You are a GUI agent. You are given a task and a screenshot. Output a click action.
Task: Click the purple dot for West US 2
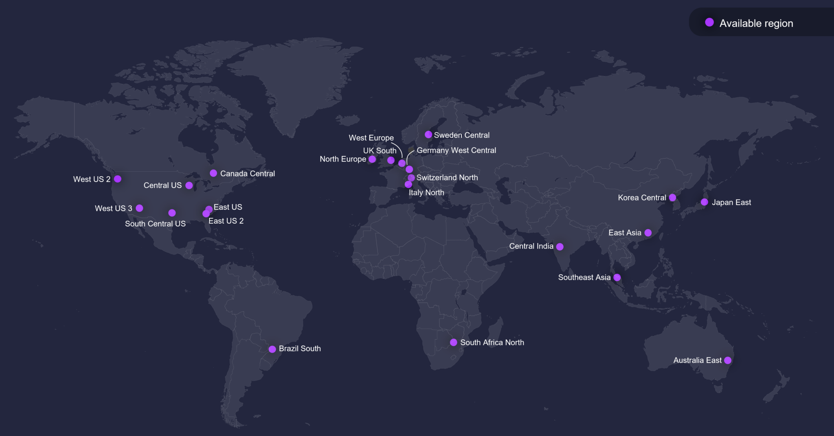(x=118, y=179)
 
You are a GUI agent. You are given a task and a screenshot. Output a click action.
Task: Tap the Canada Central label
(x=247, y=174)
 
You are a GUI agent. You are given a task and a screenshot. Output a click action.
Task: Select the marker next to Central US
(x=189, y=185)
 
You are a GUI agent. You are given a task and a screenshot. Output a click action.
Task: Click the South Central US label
(x=155, y=224)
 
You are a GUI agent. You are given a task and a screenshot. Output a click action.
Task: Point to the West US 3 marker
(x=139, y=208)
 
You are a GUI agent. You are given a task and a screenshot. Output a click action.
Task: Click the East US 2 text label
(x=226, y=221)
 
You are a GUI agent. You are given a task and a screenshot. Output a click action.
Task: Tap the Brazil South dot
(x=272, y=349)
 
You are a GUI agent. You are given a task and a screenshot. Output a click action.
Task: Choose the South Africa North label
(x=492, y=342)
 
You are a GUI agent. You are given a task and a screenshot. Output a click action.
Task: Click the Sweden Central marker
(x=428, y=135)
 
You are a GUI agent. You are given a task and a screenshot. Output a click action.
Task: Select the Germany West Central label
(x=456, y=150)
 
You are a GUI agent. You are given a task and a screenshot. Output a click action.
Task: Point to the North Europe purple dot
(x=372, y=159)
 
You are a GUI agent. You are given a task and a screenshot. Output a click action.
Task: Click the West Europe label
(x=371, y=138)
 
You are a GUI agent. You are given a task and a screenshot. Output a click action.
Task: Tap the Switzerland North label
(x=447, y=178)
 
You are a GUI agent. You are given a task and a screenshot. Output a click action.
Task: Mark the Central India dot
(x=560, y=246)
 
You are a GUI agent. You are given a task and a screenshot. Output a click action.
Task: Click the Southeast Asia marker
(x=617, y=277)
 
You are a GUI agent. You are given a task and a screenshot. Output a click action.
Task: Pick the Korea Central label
(x=642, y=198)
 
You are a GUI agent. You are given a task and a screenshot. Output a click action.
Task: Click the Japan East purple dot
(x=705, y=202)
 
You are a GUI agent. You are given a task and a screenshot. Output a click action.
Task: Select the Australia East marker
(x=728, y=360)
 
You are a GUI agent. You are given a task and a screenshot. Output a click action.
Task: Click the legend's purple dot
(x=709, y=22)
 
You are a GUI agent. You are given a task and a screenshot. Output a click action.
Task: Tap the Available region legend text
(x=756, y=23)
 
